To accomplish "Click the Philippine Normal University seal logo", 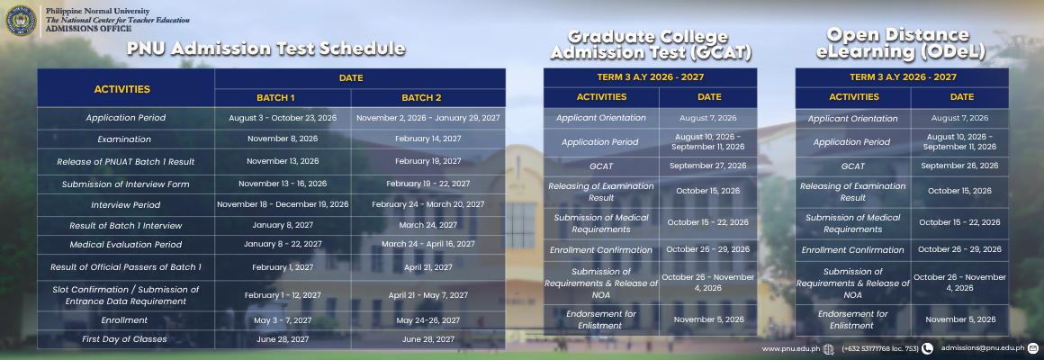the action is coord(21,20).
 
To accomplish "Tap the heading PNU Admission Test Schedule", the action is coord(266,49).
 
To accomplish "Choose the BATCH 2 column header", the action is coord(421,98).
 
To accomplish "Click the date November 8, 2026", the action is coord(283,139).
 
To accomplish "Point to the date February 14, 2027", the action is coord(427,139).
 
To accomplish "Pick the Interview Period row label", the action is coord(126,204).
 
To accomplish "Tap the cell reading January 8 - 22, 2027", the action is coord(283,244).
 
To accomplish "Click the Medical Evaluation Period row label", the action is coord(126,244).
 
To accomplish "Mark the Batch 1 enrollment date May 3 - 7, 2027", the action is coord(283,320).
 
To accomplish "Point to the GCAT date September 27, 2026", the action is coord(707,166).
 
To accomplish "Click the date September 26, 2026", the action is coord(959,166).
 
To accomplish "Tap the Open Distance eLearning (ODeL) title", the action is coord(901,43).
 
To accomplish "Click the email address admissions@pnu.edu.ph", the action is coord(982,347).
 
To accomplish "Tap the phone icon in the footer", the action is coord(928,348).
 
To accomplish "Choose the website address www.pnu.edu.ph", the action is coord(791,348).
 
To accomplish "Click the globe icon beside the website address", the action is coord(828,348).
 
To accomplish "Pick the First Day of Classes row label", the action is coord(124,339).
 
